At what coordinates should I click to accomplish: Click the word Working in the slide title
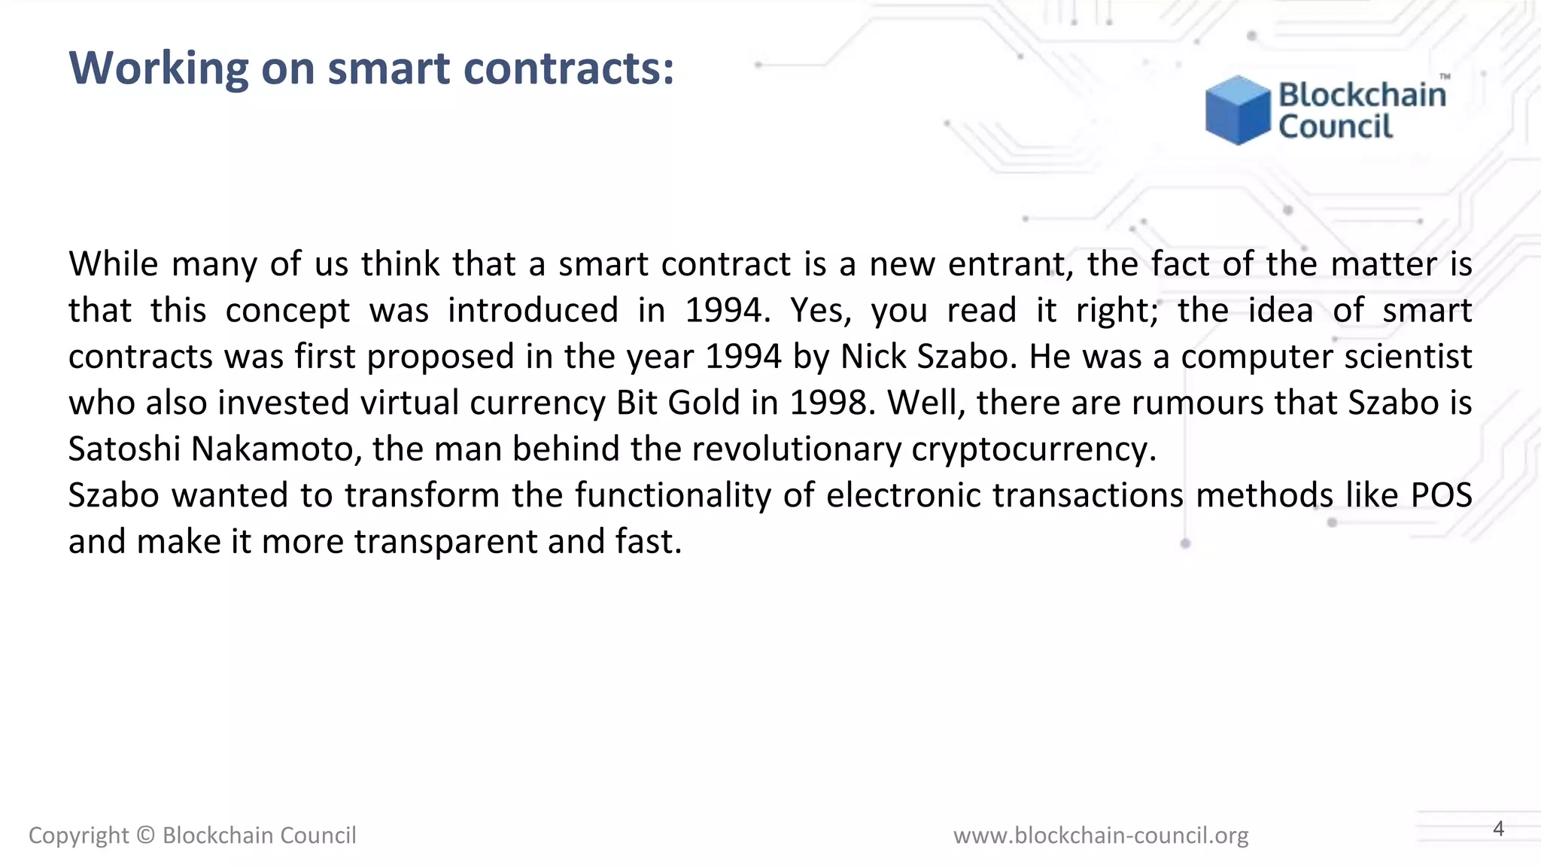[x=159, y=68]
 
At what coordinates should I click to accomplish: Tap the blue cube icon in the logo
[x=1237, y=110]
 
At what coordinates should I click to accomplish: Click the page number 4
[x=1498, y=829]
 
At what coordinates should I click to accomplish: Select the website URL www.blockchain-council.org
[x=1101, y=835]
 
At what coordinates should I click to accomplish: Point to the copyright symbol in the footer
[x=146, y=835]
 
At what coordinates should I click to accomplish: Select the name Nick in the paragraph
[x=873, y=357]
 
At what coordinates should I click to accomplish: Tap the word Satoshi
[x=124, y=449]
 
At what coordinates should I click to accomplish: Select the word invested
[x=284, y=403]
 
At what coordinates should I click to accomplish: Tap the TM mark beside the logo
[x=1445, y=77]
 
